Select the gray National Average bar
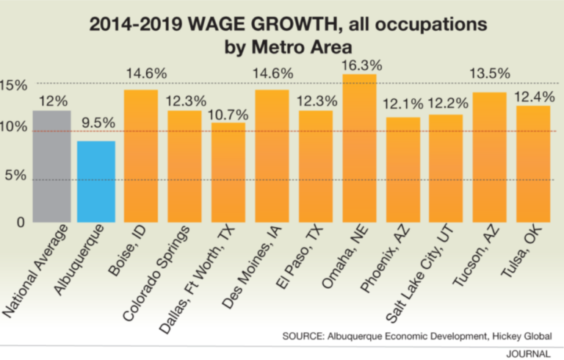52,166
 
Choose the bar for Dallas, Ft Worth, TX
228,172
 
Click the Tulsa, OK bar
533,164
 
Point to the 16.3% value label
359,64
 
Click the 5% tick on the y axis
18,176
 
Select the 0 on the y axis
21,223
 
